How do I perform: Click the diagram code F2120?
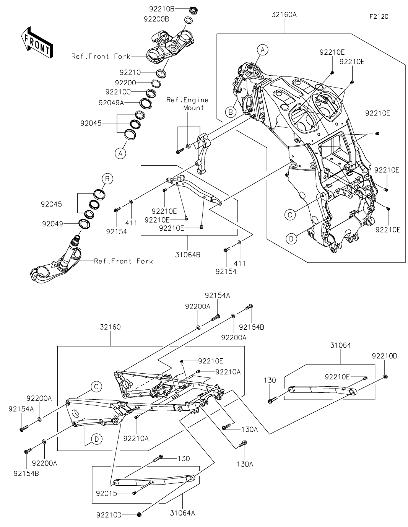point(379,17)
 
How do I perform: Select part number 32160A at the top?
point(284,15)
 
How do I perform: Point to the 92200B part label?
point(156,19)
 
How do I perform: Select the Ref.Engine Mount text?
point(187,104)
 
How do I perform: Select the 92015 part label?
point(107,493)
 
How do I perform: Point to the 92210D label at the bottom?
point(109,515)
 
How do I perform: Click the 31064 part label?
point(340,345)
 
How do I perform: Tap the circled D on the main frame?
point(291,239)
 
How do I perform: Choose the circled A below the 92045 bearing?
point(120,153)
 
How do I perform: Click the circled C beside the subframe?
point(96,387)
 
